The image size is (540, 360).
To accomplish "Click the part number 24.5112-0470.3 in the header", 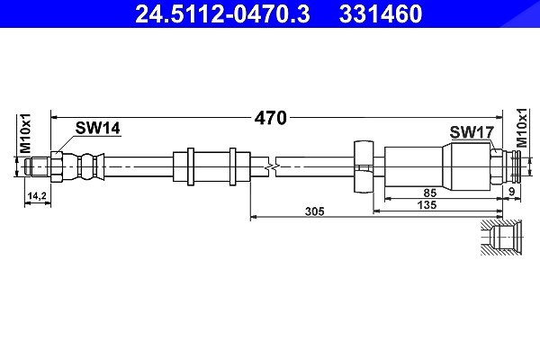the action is click(222, 14).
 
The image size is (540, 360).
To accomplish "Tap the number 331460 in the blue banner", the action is click(381, 14).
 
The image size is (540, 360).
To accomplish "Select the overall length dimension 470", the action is click(270, 118).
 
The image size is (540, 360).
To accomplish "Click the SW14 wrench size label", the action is click(98, 128).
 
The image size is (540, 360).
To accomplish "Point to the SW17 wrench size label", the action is click(472, 132).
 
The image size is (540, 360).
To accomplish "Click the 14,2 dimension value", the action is click(37, 195).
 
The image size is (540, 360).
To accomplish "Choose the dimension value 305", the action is click(314, 211).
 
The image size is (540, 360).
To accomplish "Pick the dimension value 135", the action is click(427, 205).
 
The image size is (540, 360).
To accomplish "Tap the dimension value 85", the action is click(430, 193).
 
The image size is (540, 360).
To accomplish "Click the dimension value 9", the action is click(511, 192).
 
